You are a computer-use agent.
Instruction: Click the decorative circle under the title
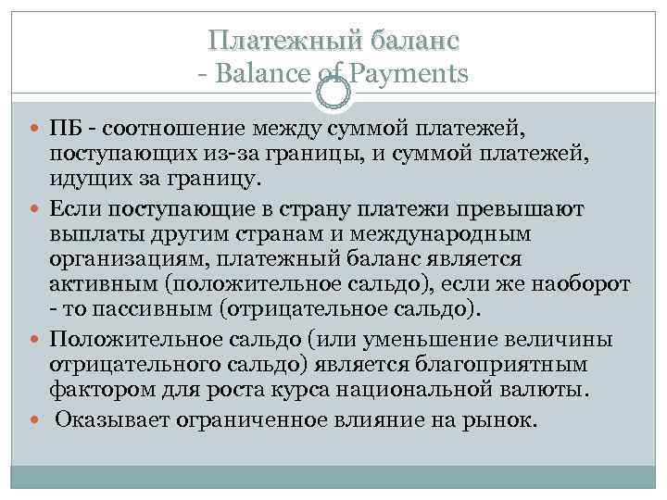coord(333,91)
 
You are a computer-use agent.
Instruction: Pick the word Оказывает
coord(110,421)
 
